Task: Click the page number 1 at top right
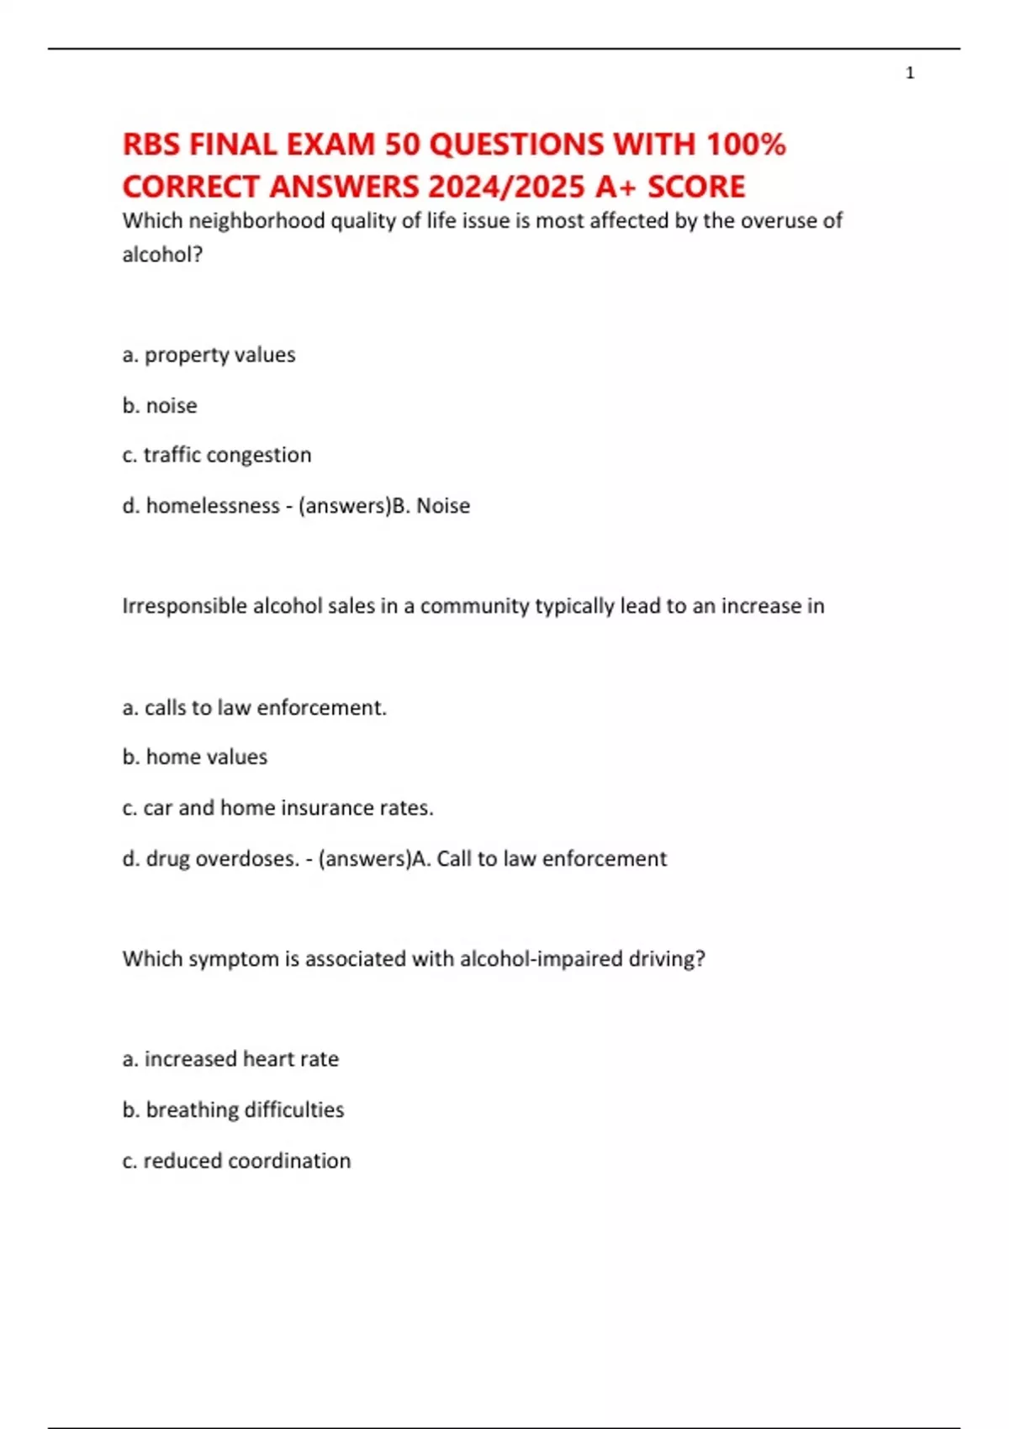tap(910, 73)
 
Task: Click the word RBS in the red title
tap(151, 145)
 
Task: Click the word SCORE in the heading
tap(696, 187)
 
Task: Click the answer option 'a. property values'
tap(209, 355)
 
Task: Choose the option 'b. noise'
tap(160, 405)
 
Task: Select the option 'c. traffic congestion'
tap(217, 455)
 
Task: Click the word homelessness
tap(213, 506)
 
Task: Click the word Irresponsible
tap(184, 606)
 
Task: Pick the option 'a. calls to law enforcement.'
tap(254, 708)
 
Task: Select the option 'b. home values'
tap(195, 757)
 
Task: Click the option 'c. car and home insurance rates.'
tap(277, 808)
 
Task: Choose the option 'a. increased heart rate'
tap(230, 1059)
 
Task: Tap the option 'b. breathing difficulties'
tap(233, 1110)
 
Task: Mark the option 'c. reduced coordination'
tap(236, 1161)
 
